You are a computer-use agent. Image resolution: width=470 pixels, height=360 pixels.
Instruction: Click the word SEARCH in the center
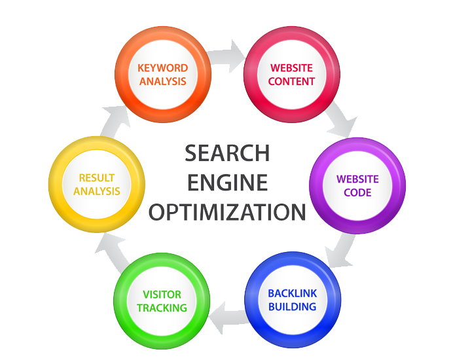coord(227,153)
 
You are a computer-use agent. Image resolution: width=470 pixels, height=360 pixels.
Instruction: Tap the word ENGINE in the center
coord(227,183)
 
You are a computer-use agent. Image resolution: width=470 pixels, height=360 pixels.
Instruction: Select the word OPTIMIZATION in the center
coord(227,212)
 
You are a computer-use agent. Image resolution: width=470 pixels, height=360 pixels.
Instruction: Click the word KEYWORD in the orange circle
coord(163,68)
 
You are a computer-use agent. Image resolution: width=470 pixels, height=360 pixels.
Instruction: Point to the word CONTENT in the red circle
coord(293,82)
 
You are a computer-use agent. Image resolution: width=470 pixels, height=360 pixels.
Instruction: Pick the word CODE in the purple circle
coord(357,192)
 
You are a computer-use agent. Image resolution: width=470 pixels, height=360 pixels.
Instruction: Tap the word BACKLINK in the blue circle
coord(292,293)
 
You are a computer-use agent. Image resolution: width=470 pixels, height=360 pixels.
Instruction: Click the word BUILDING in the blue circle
coord(292,306)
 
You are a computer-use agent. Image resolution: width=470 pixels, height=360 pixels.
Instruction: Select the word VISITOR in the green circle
coord(162,295)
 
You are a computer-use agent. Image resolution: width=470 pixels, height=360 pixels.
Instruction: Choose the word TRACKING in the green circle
coord(162,308)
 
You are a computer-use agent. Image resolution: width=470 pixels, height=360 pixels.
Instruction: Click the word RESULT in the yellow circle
coord(97,177)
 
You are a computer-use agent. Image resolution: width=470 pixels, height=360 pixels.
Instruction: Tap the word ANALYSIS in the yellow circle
coord(97,191)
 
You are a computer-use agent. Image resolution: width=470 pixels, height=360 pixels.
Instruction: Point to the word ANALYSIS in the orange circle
coord(163,82)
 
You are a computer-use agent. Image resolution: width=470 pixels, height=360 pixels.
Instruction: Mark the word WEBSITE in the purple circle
coord(357,179)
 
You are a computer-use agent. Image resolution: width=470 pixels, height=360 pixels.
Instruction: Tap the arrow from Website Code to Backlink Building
coord(342,252)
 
